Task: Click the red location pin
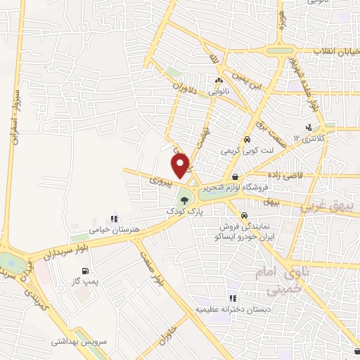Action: point(181,165)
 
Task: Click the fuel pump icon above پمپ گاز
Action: point(86,271)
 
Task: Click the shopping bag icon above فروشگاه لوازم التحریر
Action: point(235,177)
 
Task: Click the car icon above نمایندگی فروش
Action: point(243,215)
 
